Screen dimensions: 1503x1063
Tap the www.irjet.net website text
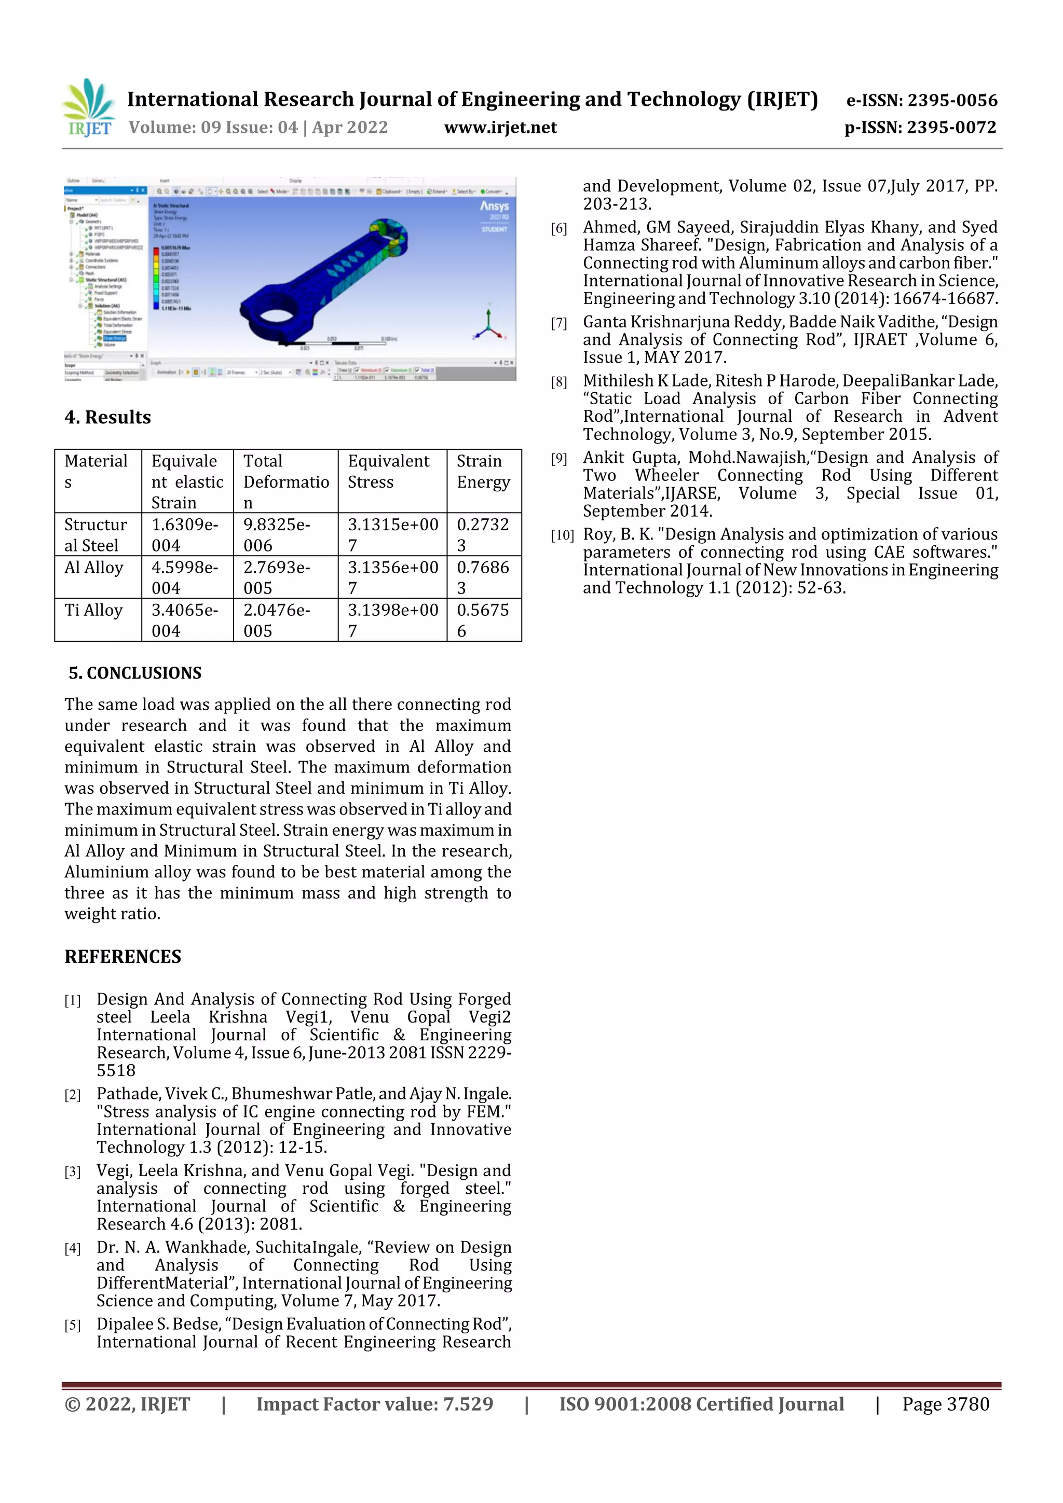tap(500, 128)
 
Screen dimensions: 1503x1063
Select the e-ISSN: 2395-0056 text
tap(921, 100)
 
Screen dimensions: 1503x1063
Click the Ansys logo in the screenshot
tap(494, 206)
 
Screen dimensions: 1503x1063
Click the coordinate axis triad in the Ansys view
tap(488, 324)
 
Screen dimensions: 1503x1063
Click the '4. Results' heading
tap(107, 418)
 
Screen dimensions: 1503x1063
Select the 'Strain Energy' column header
tap(483, 471)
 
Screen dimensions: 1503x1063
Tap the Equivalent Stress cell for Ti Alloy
tap(392, 620)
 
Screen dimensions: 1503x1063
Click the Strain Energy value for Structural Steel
tap(483, 534)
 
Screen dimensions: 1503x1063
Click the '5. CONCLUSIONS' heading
tap(135, 673)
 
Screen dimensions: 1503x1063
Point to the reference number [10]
tap(562, 535)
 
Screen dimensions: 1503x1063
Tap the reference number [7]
tap(558, 323)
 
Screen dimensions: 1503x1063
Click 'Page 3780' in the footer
tap(945, 1404)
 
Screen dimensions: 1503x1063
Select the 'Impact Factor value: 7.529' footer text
tap(375, 1404)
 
